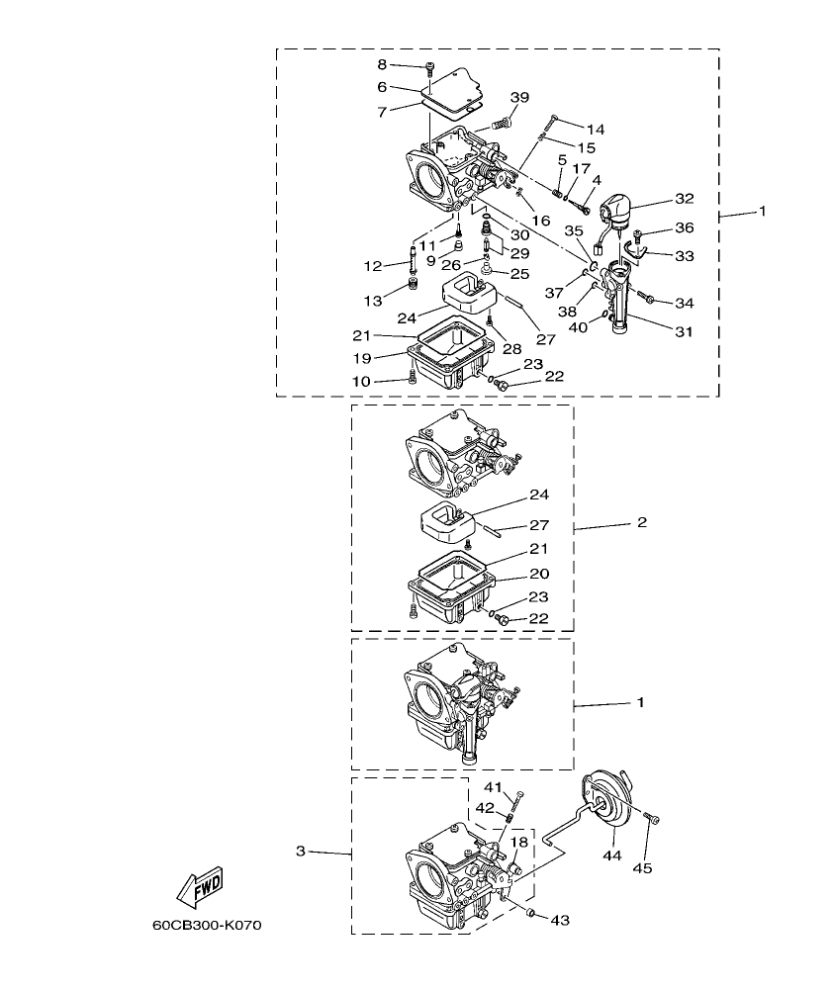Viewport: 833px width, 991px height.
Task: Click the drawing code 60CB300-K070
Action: click(206, 927)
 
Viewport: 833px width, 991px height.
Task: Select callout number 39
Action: click(519, 97)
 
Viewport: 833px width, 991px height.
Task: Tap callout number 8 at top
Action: click(382, 64)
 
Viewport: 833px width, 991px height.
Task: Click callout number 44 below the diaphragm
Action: click(613, 856)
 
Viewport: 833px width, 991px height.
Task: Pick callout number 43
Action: click(560, 920)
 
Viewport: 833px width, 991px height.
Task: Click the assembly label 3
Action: click(301, 851)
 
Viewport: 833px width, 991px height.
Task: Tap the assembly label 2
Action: click(641, 521)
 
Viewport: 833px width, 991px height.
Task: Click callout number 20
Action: click(539, 574)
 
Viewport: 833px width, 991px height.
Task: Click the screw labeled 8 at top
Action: click(429, 66)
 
